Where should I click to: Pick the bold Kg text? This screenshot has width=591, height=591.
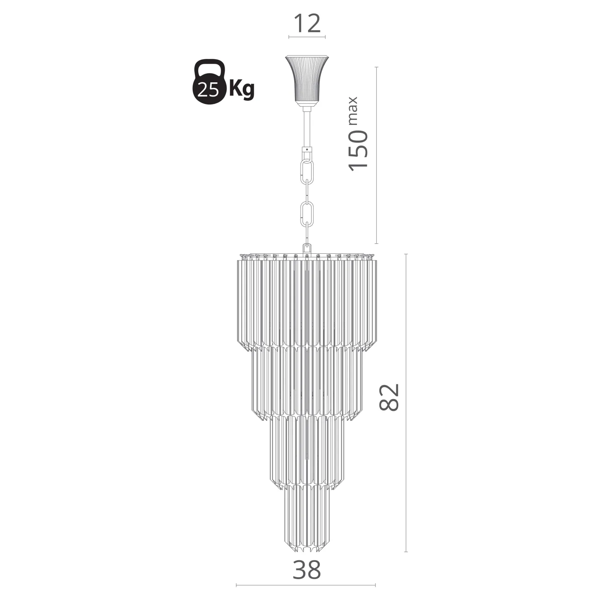pyautogui.click(x=242, y=89)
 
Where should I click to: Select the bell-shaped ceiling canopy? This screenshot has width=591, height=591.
pyautogui.click(x=307, y=81)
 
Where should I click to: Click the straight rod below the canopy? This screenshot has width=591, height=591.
pyautogui.click(x=307, y=127)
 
